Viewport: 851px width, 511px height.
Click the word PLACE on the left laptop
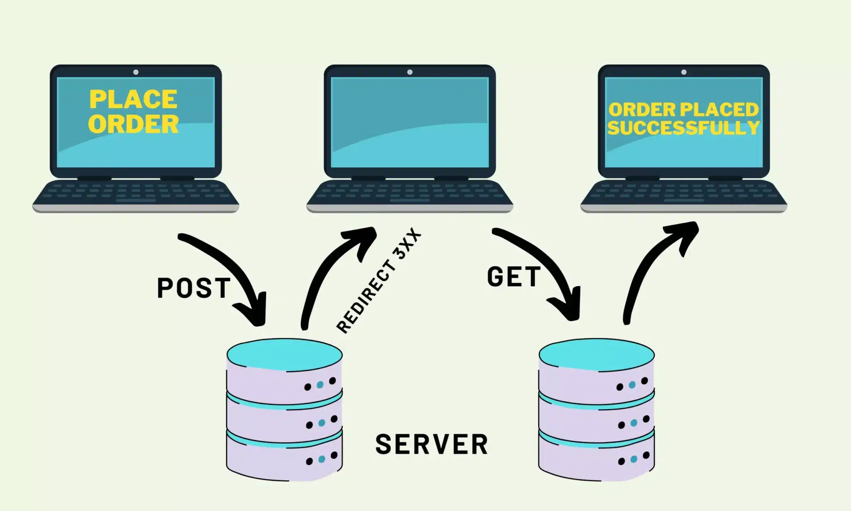pos(133,99)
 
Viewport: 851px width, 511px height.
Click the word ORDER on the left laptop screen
pos(133,124)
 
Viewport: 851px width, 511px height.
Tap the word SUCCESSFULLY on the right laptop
pos(683,128)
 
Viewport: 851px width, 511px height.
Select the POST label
pos(194,288)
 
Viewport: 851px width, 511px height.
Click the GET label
pos(514,277)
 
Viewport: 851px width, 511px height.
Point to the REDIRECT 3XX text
pos(379,281)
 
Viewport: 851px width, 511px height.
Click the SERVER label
pos(431,444)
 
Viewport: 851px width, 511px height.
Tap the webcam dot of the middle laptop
pos(410,72)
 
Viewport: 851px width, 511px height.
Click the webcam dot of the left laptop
pos(136,72)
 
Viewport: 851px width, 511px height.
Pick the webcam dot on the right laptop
pos(684,72)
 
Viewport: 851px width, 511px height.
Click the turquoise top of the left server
pos(285,354)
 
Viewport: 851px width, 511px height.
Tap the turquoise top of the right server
pos(597,354)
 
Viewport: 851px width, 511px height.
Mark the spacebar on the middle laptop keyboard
pos(410,200)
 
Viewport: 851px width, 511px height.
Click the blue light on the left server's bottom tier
pos(322,459)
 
